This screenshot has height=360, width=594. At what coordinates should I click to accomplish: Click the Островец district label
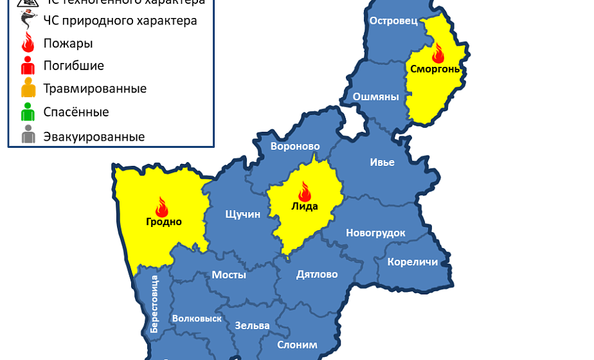(x=393, y=21)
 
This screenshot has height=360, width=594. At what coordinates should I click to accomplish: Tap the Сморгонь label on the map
(x=436, y=69)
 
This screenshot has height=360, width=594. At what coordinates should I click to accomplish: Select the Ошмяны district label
(x=375, y=97)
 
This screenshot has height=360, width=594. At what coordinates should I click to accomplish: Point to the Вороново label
(x=295, y=147)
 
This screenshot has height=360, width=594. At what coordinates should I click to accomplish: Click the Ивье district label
(x=382, y=162)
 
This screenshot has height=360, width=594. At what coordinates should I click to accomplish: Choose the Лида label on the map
(x=305, y=206)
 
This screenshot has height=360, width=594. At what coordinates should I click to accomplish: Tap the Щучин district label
(x=242, y=214)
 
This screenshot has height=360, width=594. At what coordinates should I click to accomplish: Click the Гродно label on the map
(x=163, y=222)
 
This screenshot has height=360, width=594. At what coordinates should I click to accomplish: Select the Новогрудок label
(x=375, y=233)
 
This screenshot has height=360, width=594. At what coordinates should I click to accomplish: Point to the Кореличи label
(x=412, y=262)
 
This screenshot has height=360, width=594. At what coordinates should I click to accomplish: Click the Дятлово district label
(x=317, y=274)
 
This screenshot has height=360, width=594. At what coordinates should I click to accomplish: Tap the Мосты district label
(x=229, y=274)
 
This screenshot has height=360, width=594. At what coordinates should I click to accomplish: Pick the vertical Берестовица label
(x=154, y=303)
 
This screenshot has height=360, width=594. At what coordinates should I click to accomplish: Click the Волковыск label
(x=197, y=318)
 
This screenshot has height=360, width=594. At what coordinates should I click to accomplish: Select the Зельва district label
(x=252, y=325)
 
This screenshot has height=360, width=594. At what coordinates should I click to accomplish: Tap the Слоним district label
(x=297, y=345)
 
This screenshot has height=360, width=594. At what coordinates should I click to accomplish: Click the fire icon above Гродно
(x=161, y=206)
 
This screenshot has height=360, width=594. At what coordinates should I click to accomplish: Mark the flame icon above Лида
(x=305, y=191)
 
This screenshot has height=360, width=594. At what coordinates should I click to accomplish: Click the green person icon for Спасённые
(x=28, y=113)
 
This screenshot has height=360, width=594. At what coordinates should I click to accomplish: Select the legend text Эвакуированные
(x=94, y=137)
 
